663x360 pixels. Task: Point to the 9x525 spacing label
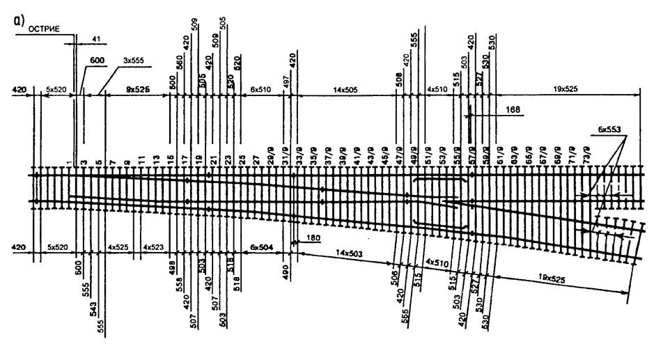click(139, 90)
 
